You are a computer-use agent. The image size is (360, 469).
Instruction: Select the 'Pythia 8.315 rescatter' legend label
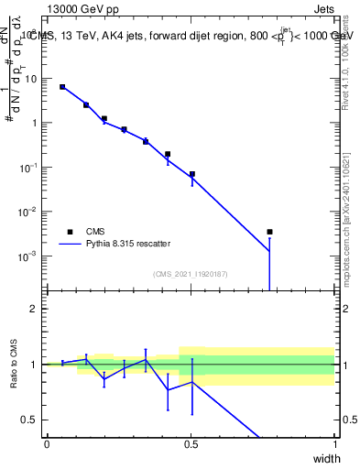point(135,245)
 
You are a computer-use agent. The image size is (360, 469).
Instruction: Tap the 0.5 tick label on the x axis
point(191,444)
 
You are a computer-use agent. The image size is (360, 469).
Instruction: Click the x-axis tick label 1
point(334,444)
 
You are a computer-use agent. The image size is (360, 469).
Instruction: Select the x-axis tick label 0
point(47,444)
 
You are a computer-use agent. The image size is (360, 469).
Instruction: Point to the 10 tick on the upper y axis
point(32,79)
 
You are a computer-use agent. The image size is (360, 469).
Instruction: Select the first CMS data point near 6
point(62,87)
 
